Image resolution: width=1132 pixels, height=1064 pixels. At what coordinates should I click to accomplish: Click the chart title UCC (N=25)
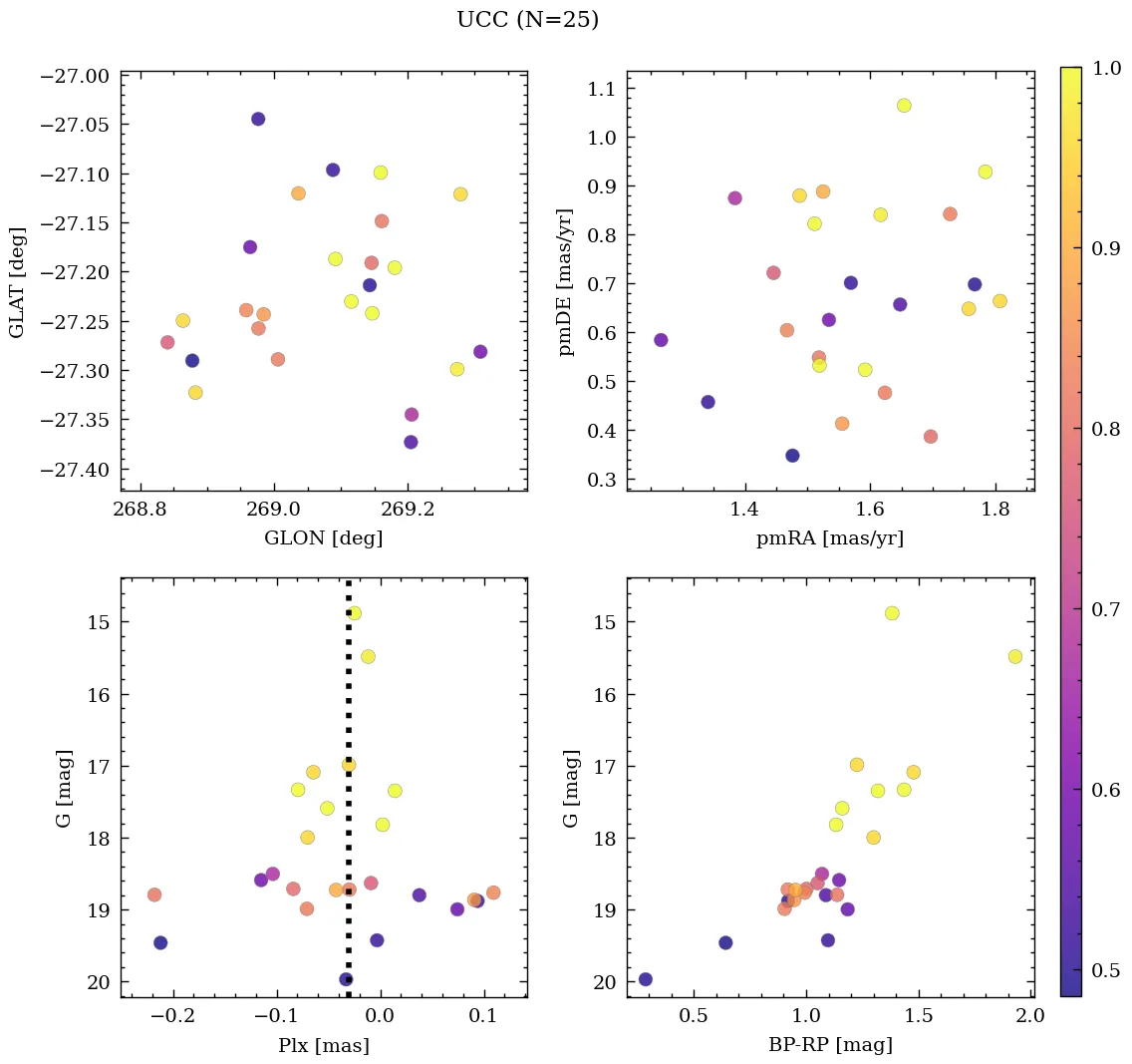point(527,20)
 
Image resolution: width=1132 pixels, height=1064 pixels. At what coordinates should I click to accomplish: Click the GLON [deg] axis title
point(324,538)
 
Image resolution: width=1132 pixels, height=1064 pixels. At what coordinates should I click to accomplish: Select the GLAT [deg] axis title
point(17,280)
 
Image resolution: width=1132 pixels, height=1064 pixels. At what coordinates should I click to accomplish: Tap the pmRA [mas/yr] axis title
point(830,538)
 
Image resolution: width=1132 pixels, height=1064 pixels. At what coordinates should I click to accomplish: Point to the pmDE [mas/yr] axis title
point(567,280)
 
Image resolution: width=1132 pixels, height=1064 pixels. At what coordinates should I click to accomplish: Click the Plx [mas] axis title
point(324,1045)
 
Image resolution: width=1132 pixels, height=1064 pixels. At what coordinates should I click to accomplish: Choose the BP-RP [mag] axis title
point(830,1045)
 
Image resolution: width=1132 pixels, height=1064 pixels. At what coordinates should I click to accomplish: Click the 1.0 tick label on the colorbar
point(1106,68)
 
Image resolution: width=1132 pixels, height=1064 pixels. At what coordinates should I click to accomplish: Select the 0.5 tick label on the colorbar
point(1106,969)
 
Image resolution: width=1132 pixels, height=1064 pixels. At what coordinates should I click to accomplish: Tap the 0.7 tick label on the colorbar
point(1106,609)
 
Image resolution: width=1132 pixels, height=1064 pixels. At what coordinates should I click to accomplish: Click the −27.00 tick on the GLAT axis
point(75,76)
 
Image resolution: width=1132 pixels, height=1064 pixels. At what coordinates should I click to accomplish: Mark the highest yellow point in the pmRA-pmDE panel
point(904,106)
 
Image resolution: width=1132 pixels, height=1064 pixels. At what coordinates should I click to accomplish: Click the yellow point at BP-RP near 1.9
point(1015,656)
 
